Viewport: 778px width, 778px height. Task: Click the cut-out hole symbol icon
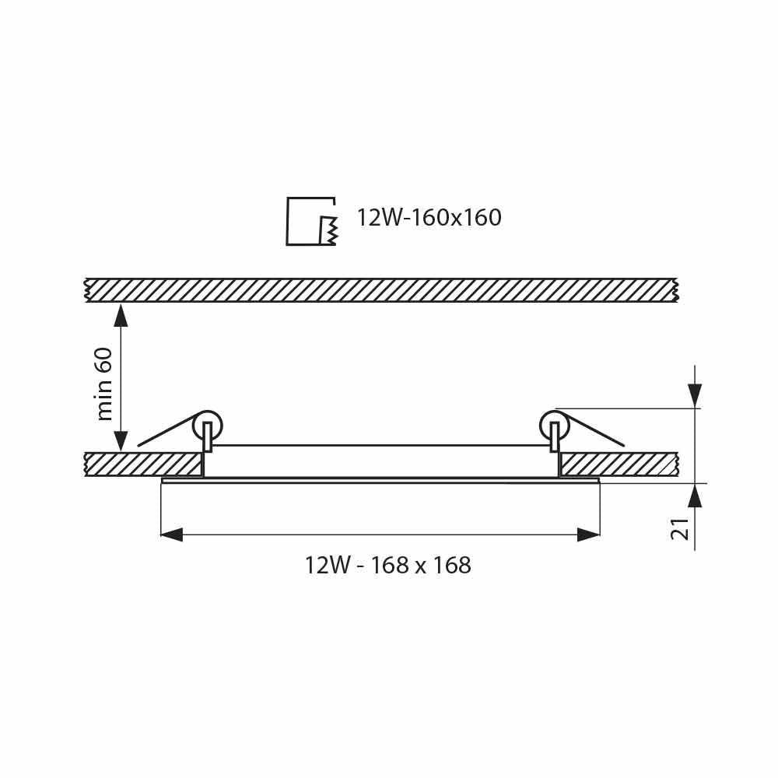pos(311,222)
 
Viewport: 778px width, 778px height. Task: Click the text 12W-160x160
pos(429,218)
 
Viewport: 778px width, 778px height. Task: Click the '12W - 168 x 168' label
pos(388,566)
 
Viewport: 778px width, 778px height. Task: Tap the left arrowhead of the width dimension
pos(171,534)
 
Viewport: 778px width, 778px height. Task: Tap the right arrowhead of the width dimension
pos(589,534)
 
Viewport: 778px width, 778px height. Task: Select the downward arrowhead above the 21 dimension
pos(695,395)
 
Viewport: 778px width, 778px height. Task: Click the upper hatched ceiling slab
pos(381,289)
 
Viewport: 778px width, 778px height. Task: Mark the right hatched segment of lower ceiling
pos(619,464)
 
